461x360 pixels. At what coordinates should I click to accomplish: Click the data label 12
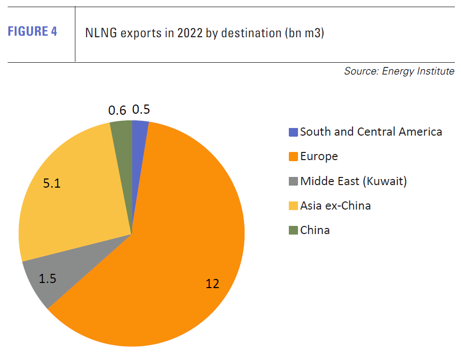[212, 284]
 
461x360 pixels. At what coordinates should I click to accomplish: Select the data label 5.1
[52, 184]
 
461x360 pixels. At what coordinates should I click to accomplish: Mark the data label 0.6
[117, 110]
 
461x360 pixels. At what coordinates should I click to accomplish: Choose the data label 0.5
[141, 110]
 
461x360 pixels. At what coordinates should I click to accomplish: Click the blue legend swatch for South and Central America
[293, 132]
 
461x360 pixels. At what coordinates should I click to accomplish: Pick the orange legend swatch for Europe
[293, 157]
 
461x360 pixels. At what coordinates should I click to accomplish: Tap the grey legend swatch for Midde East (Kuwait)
[293, 181]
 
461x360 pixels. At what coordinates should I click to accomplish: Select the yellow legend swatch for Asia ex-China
[293, 206]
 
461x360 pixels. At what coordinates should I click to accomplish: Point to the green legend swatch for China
[293, 230]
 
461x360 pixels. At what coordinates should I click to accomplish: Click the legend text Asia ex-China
[335, 206]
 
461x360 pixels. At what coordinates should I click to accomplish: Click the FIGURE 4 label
[32, 32]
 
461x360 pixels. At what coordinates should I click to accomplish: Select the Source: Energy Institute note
[399, 71]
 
